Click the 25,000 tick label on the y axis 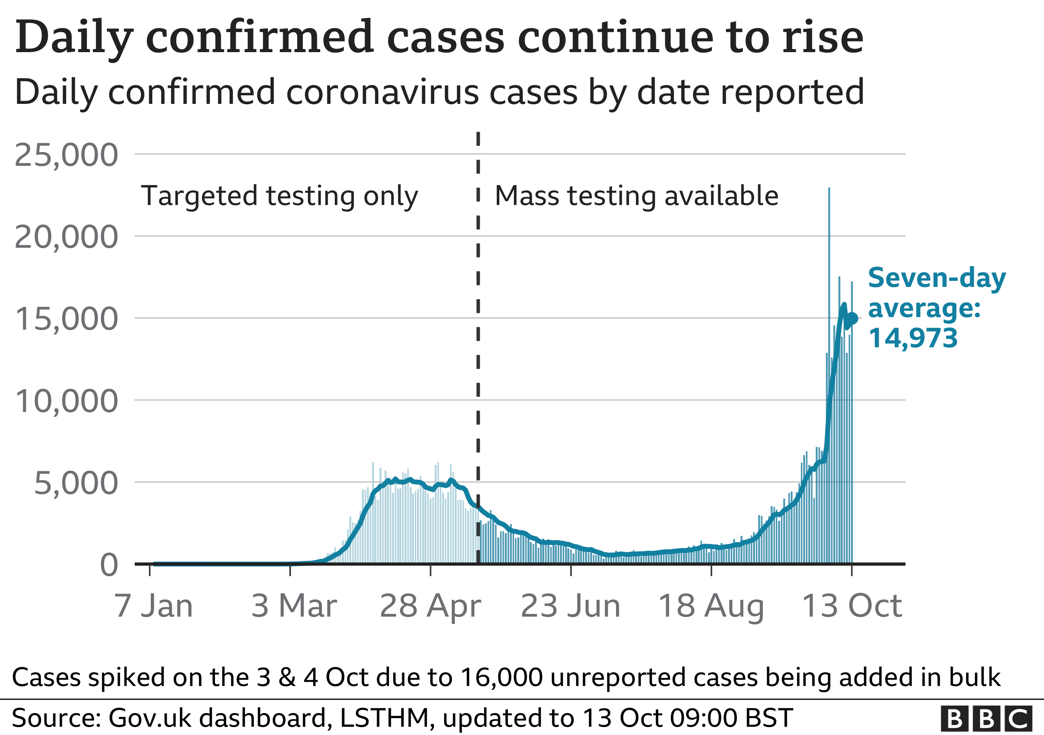tap(67, 156)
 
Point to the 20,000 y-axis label tap(67, 238)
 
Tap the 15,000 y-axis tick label tap(67, 319)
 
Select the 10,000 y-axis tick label tap(67, 401)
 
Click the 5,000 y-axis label tap(76, 483)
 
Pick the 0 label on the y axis tap(109, 566)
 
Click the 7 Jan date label tap(154, 606)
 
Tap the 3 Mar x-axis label tap(294, 606)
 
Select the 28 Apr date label tap(430, 606)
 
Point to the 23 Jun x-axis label tap(571, 606)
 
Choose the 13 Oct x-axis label tap(852, 606)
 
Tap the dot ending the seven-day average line tap(852, 319)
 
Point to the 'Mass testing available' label tap(637, 196)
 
